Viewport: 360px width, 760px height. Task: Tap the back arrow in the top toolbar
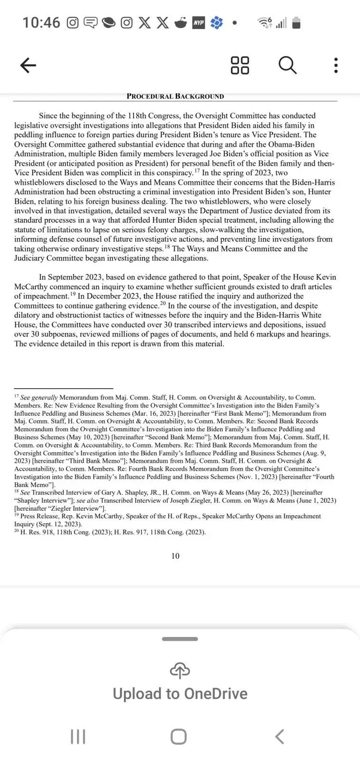pyautogui.click(x=28, y=65)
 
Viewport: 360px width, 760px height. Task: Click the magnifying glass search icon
pyautogui.click(x=287, y=65)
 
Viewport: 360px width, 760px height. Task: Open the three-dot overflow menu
pyautogui.click(x=336, y=65)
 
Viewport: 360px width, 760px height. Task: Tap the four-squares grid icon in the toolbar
pyautogui.click(x=240, y=65)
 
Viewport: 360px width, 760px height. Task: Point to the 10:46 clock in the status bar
pyautogui.click(x=41, y=22)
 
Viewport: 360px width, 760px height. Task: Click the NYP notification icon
pyautogui.click(x=198, y=22)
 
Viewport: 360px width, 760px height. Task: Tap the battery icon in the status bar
pyautogui.click(x=296, y=22)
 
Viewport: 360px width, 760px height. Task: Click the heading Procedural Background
pyautogui.click(x=175, y=96)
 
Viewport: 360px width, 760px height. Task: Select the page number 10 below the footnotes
pyautogui.click(x=175, y=556)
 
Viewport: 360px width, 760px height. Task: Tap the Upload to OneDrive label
pyautogui.click(x=180, y=693)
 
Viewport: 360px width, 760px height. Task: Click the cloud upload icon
pyautogui.click(x=180, y=670)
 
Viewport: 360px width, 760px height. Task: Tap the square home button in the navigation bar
pyautogui.click(x=179, y=737)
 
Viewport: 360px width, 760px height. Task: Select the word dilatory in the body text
pyautogui.click(x=28, y=315)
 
